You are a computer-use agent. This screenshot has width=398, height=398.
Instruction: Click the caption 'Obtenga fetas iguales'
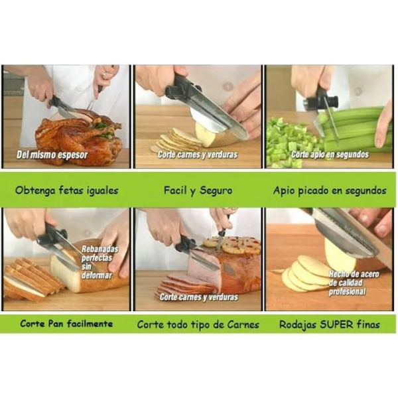[67, 190]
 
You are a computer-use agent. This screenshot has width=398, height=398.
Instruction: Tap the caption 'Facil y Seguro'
[198, 190]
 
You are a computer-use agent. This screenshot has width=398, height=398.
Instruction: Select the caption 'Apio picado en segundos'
[330, 190]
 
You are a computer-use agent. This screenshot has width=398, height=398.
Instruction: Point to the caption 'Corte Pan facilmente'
[66, 324]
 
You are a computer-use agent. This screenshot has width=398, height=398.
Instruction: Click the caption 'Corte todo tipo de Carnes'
[198, 324]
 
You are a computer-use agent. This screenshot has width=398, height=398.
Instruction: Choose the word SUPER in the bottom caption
[336, 324]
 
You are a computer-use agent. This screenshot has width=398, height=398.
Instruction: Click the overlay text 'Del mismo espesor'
[52, 155]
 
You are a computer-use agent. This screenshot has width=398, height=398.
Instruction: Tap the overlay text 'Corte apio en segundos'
[330, 155]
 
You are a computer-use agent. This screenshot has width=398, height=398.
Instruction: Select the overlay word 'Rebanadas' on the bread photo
[99, 249]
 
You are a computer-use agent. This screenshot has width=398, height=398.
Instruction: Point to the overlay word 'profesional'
[347, 292]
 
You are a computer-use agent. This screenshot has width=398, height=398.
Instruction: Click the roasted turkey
[79, 137]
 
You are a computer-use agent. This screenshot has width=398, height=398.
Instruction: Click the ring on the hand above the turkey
[104, 74]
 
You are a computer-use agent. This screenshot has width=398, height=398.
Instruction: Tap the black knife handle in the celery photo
[321, 99]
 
